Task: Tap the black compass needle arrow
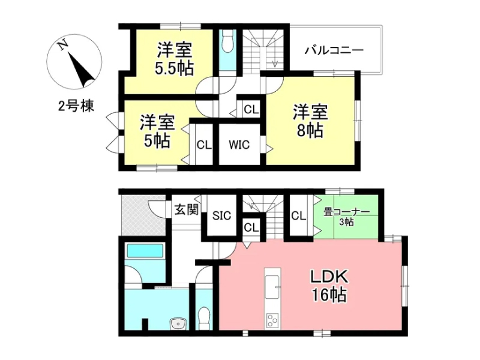coord(81,70)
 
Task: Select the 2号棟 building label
coord(76,106)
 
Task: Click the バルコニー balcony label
coord(334,50)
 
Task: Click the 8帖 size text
coord(310,131)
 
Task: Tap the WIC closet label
coord(239,145)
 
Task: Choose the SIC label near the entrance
coord(221,216)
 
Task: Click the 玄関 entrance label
coord(187,209)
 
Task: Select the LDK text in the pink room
coord(329,277)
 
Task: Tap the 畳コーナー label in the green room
coord(347,212)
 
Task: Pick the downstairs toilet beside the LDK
coord(203,318)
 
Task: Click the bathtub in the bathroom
coord(145,251)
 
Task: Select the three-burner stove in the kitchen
coord(272,320)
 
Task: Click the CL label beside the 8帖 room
coord(251,109)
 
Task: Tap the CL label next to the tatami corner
coord(298,216)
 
